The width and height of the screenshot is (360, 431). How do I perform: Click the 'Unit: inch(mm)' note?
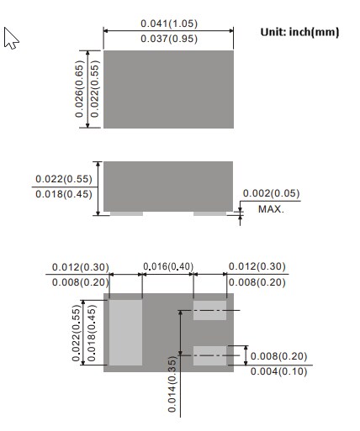click(299, 32)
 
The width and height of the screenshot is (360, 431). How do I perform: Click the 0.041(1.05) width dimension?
click(169, 24)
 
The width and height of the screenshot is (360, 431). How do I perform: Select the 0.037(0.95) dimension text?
click(169, 39)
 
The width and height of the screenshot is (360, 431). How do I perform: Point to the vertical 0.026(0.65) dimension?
click(79, 89)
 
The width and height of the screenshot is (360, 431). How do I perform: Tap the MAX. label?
click(271, 209)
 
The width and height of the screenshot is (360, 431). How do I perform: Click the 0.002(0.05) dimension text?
click(271, 193)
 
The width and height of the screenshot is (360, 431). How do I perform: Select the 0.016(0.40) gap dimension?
click(168, 266)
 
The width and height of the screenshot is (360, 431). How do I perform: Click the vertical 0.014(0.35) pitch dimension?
click(172, 384)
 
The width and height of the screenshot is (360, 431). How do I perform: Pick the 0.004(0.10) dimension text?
click(278, 371)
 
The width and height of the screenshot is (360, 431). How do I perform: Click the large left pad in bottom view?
click(125, 333)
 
